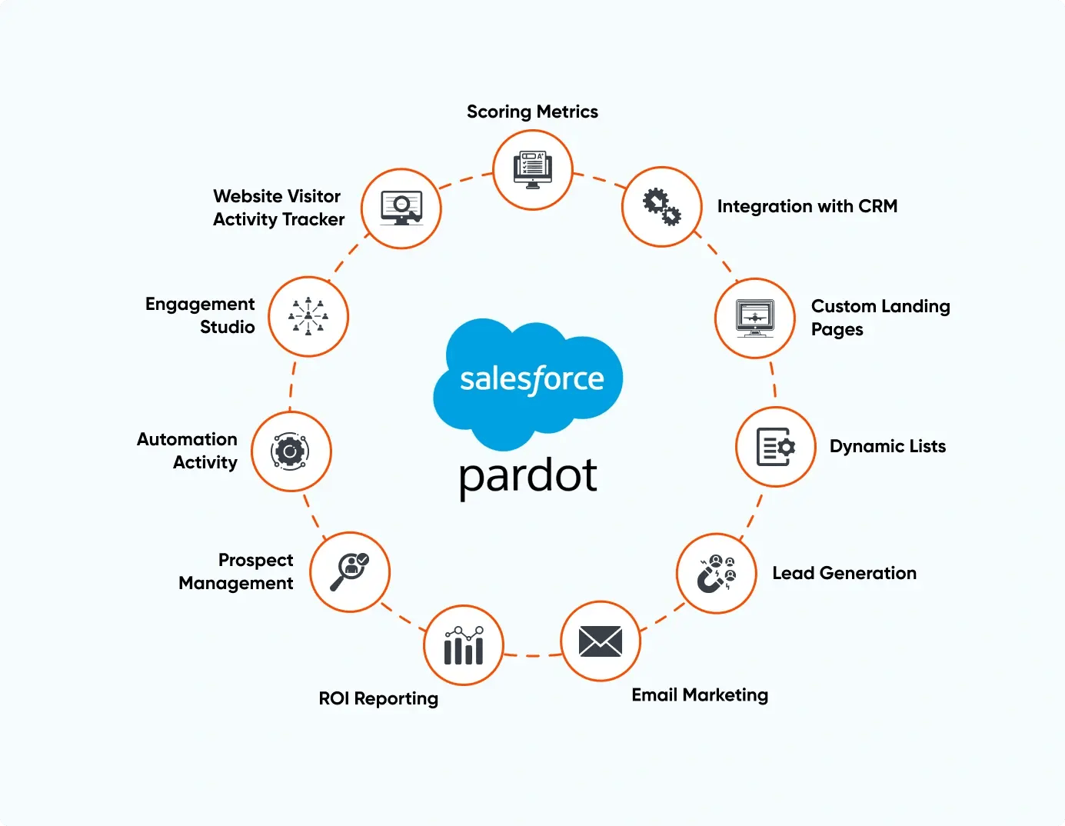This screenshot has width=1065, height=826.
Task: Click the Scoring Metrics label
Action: [x=532, y=112]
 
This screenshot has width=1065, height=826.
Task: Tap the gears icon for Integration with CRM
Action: [x=661, y=207]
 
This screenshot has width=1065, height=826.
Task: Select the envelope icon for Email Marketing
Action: [x=601, y=641]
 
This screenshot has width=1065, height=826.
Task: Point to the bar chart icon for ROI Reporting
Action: [x=464, y=646]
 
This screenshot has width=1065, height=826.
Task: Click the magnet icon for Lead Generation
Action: [x=717, y=574]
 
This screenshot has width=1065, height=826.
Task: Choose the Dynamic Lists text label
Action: [x=887, y=447]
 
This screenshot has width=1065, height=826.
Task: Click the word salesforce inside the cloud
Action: [x=532, y=379]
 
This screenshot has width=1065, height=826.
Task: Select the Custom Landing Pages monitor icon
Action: [x=755, y=318]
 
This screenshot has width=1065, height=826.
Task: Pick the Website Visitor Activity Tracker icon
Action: [x=401, y=208]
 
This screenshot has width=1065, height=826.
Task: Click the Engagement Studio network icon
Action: [x=308, y=317]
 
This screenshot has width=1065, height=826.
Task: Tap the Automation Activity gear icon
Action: [x=291, y=451]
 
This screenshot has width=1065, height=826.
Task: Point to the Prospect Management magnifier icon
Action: [x=350, y=572]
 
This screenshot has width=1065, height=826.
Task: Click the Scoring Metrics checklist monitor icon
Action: [x=533, y=170]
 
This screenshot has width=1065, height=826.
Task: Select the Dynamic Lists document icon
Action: [x=776, y=447]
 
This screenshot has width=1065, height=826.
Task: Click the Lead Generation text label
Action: [x=844, y=574]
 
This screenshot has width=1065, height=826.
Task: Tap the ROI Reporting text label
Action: [x=378, y=699]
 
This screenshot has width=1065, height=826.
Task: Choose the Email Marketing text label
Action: [x=700, y=695]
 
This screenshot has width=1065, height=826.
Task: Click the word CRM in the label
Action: [x=877, y=207]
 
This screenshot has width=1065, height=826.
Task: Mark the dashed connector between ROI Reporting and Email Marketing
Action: [x=532, y=655]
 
